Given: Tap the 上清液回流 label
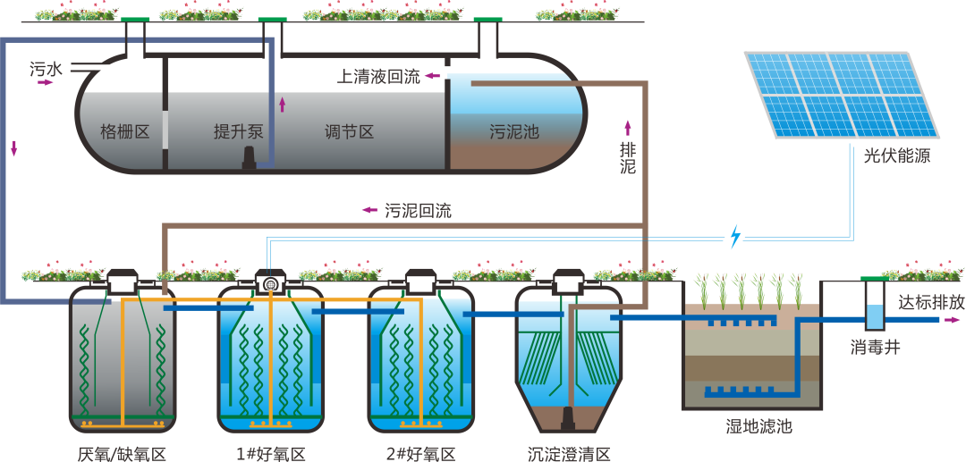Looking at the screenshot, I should pyautogui.click(x=377, y=76).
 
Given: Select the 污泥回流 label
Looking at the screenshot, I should pyautogui.click(x=418, y=211).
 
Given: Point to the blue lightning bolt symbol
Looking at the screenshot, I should pyautogui.click(x=735, y=237).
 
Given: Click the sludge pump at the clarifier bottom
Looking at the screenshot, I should pyautogui.click(x=569, y=417).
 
